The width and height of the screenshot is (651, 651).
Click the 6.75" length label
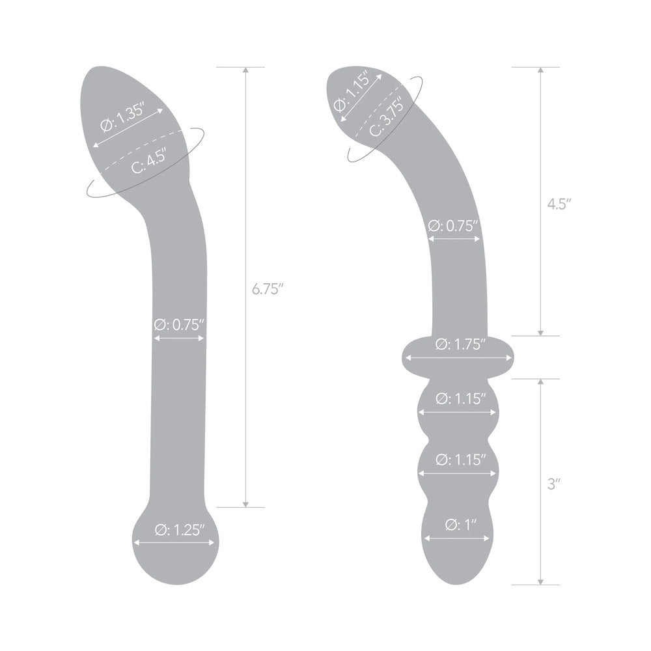click(269, 289)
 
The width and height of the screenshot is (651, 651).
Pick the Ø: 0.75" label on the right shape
click(454, 225)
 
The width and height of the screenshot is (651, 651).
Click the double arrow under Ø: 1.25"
click(173, 542)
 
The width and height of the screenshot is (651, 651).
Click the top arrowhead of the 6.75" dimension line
click(245, 70)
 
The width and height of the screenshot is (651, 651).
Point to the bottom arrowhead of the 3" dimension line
click(541, 581)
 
